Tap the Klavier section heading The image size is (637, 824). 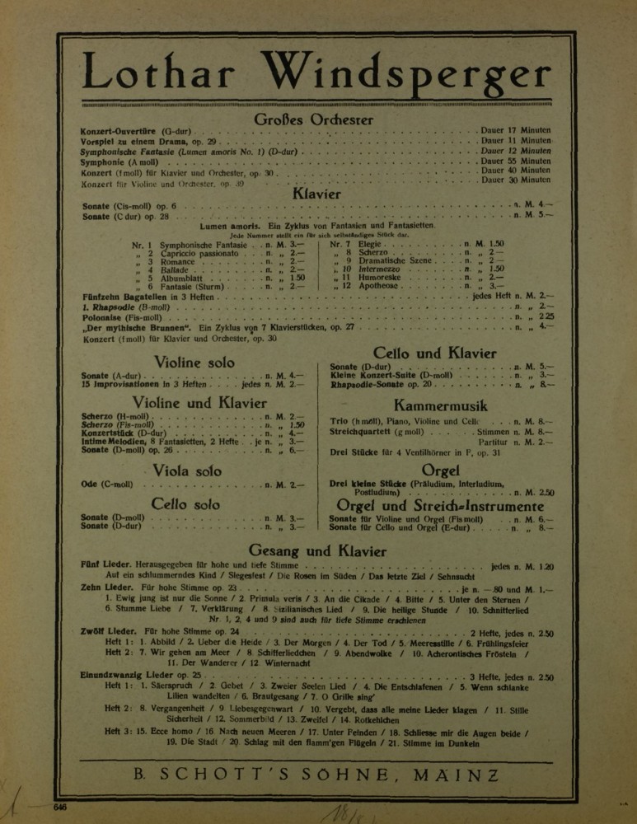click(x=317, y=194)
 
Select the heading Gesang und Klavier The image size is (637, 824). click(x=317, y=550)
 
